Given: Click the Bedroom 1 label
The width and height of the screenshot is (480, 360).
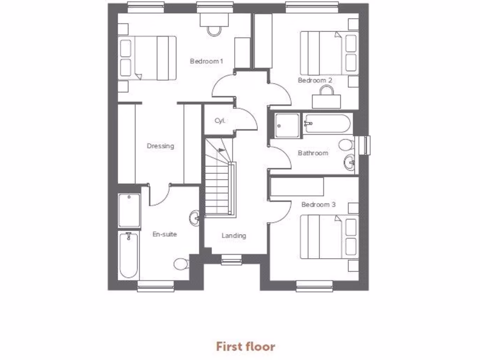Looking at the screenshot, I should tap(206, 61).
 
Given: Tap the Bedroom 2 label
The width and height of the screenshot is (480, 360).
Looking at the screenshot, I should tap(315, 80).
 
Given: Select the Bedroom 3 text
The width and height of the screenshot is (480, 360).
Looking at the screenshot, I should tap(318, 204).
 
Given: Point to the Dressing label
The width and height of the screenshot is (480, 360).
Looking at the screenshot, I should tap(160, 146).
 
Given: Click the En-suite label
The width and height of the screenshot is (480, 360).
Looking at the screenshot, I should tap(165, 234).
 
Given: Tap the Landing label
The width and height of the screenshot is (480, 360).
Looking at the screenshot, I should tap(233, 235).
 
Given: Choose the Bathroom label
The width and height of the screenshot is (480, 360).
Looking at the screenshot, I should tap(313, 153).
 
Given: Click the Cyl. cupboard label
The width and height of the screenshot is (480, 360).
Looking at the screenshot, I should tap(220, 120).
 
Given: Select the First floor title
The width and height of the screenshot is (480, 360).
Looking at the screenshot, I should tap(245, 346).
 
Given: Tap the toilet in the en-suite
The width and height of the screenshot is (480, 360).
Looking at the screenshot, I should tap(181, 264).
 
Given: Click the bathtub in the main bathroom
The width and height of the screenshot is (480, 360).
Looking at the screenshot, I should tap(326, 124).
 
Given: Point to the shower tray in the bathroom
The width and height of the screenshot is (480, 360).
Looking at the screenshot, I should tap(286, 126).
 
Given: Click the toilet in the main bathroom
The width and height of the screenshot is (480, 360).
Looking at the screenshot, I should tap(347, 144).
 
